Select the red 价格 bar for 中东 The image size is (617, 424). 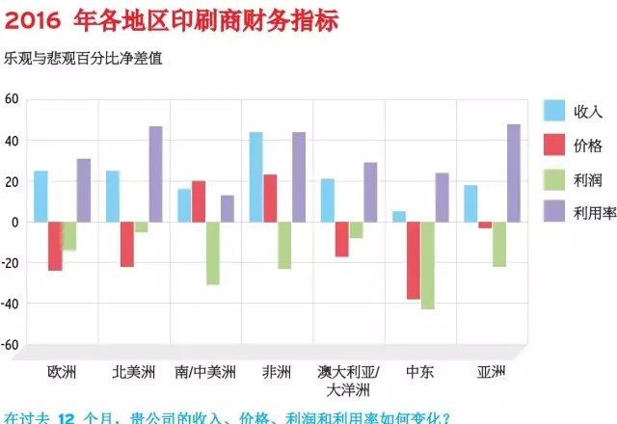413,260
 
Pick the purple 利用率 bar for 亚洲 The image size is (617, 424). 513,172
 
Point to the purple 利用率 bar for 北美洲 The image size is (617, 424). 155,173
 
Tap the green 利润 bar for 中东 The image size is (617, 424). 427,265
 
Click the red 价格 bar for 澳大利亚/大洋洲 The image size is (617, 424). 341,239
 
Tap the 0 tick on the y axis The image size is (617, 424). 14,222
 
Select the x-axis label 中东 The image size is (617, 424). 419,371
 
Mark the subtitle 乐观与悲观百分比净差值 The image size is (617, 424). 83,58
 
